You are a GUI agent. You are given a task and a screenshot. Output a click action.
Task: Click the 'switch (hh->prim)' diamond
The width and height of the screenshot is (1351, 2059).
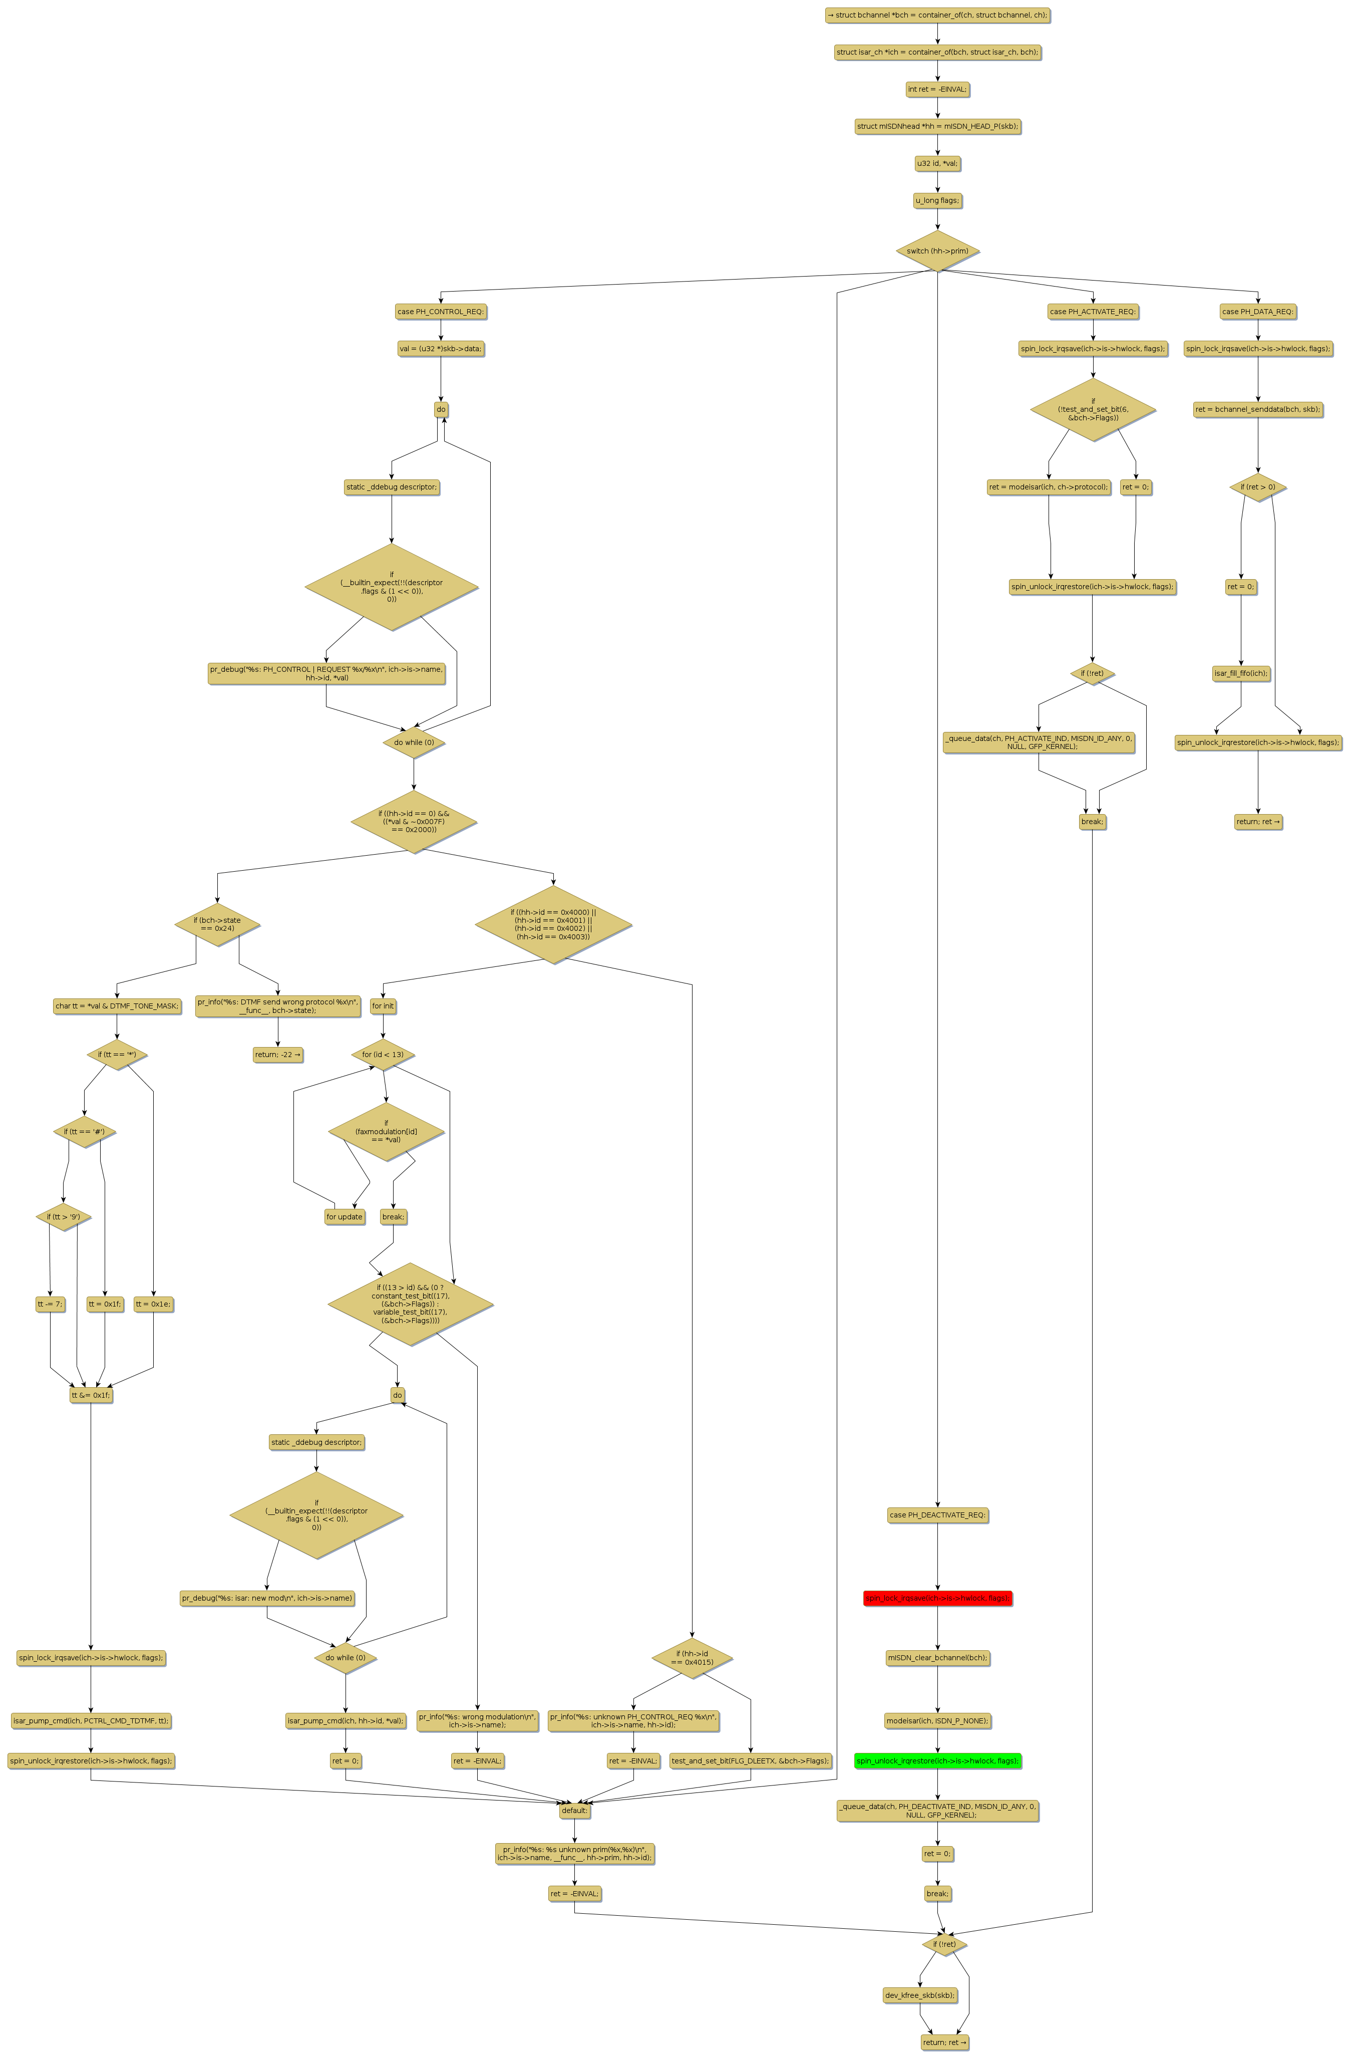point(937,251)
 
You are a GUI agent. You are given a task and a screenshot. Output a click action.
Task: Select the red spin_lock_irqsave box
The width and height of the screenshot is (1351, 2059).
point(937,1598)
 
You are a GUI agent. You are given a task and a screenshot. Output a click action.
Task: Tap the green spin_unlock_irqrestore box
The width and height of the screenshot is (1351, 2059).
point(937,1760)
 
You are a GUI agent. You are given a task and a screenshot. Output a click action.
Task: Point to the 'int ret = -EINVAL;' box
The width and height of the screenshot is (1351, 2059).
point(937,89)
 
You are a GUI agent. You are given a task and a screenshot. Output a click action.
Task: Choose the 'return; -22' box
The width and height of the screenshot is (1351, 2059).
point(277,1055)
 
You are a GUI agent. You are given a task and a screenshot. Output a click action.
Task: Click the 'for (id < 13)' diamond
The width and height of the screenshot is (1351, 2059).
point(382,1055)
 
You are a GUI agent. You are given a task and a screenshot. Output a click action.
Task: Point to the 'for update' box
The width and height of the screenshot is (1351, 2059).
point(344,1216)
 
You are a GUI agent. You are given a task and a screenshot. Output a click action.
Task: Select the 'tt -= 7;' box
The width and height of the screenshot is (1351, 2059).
point(50,1304)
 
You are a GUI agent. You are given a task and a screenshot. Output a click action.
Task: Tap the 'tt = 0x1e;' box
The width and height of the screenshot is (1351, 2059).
point(153,1304)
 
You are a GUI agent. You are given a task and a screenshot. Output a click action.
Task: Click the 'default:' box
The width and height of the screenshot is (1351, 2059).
point(574,1810)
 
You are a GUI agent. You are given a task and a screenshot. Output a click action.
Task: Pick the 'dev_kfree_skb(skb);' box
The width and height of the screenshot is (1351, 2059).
point(919,1995)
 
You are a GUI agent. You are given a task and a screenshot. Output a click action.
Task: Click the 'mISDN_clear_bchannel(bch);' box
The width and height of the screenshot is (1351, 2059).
point(937,1658)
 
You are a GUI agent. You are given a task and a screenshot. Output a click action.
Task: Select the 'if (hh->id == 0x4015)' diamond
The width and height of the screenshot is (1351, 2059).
point(692,1658)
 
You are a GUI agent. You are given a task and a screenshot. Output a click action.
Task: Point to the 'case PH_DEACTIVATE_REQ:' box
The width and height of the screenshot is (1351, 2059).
point(937,1515)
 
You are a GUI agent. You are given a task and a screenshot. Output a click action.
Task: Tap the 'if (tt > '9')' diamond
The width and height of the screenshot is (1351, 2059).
point(63,1216)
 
